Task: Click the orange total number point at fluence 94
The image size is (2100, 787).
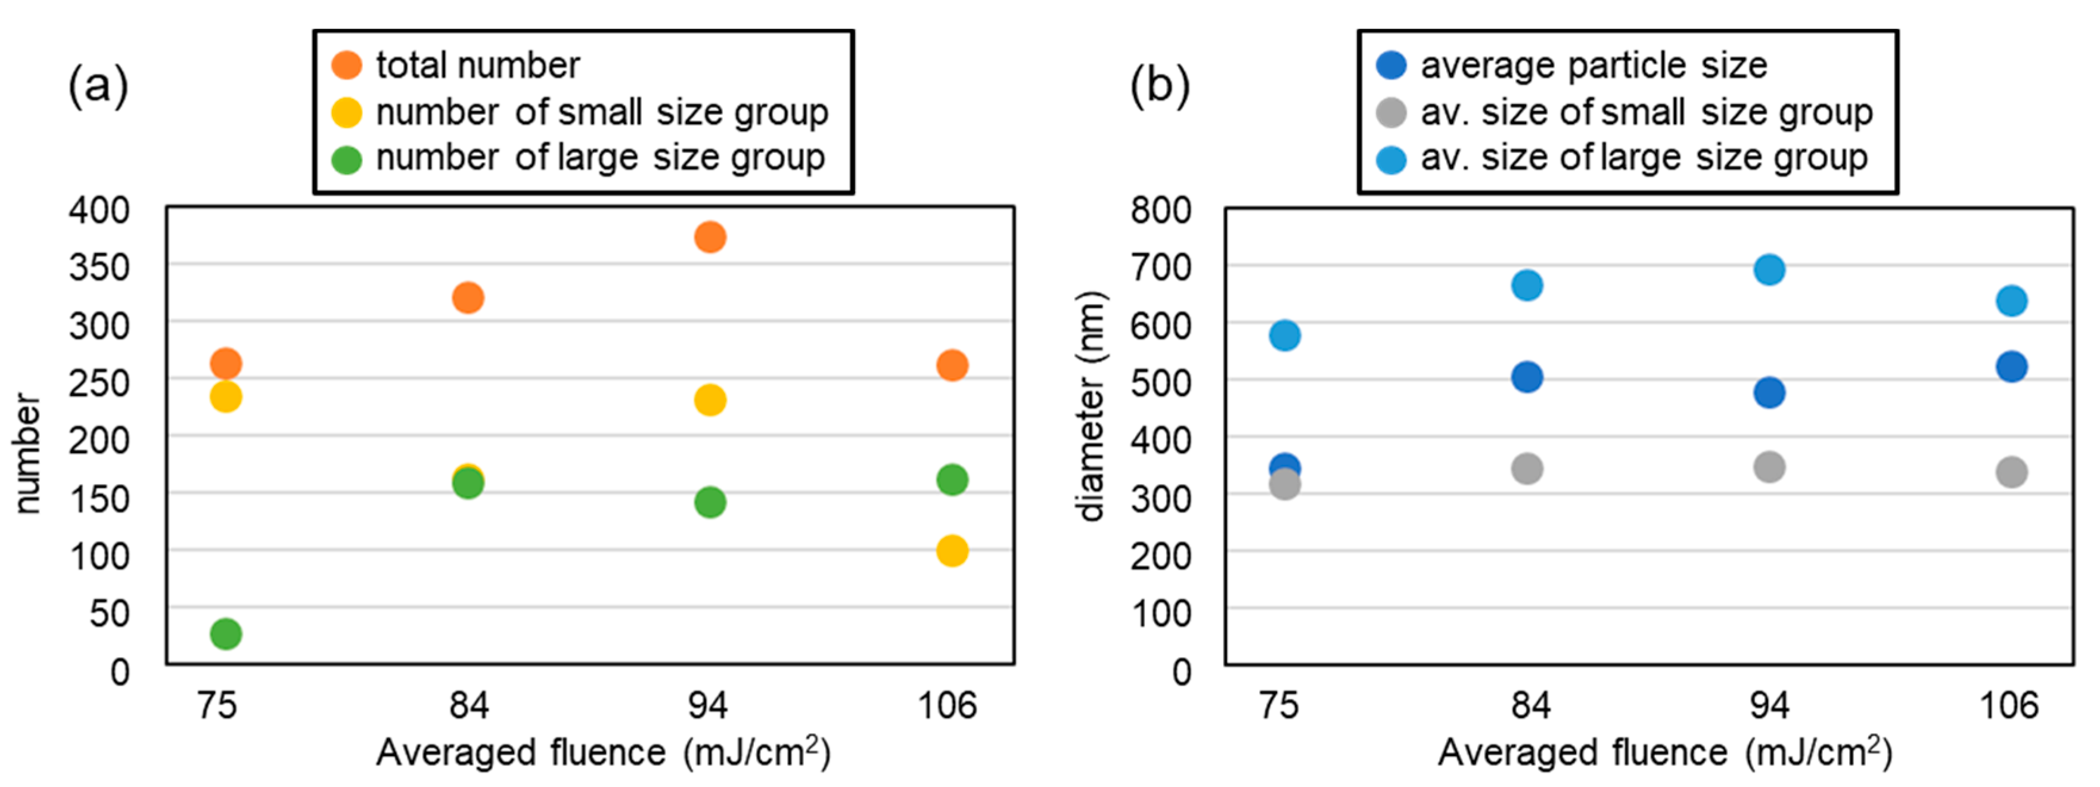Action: (710, 237)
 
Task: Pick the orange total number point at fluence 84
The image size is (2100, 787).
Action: (468, 298)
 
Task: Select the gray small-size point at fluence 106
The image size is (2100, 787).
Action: (2012, 472)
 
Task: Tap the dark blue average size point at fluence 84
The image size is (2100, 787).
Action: (1527, 377)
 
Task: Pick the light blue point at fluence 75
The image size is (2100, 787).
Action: (1285, 335)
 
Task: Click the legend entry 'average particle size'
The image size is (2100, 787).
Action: (1593, 65)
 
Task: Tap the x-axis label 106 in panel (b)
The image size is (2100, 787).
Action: (2009, 705)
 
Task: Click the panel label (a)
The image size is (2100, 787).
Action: (98, 85)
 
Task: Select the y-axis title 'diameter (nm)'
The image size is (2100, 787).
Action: (1091, 406)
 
